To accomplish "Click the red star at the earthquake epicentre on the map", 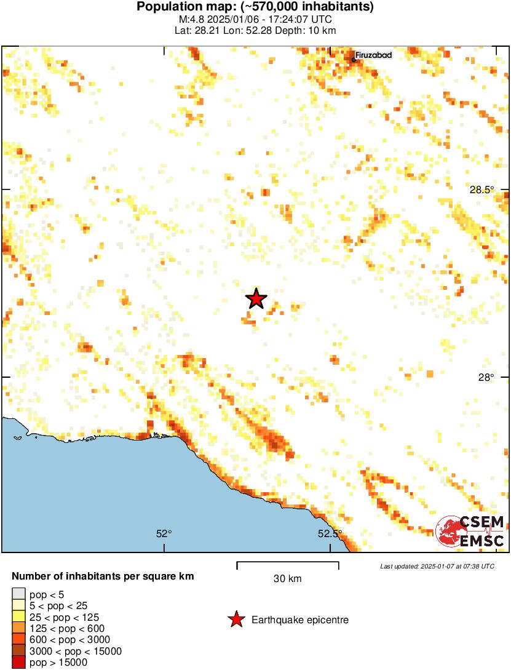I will click(256, 298).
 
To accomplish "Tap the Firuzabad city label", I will click(374, 55).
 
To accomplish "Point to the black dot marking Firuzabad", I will click(354, 60).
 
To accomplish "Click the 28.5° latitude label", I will click(482, 189).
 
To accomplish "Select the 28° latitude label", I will click(486, 377).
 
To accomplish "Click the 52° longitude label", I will click(163, 534).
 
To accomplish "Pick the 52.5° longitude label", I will click(330, 534).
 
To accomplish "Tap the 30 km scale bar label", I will click(287, 578).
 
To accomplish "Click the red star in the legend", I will click(236, 620).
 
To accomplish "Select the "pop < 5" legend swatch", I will click(18, 594).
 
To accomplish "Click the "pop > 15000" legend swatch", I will click(18, 663).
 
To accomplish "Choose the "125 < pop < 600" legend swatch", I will click(18, 628).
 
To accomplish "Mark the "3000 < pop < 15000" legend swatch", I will click(18, 652).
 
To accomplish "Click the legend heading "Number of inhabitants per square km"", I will click(103, 576).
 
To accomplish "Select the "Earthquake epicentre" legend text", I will click(300, 620).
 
